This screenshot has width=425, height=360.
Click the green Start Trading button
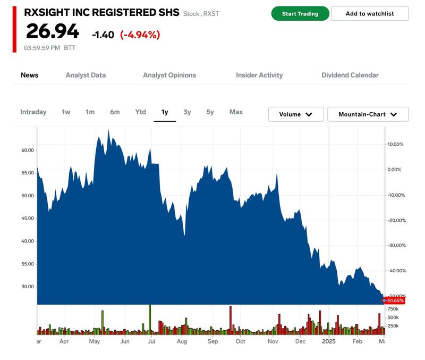[x=300, y=14]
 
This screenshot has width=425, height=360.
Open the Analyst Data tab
[x=86, y=75]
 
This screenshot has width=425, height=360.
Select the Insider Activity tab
[x=259, y=75]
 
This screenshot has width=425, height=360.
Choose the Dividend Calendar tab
[x=350, y=75]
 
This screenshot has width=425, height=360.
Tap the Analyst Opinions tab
[x=169, y=75]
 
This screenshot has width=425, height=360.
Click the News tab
[x=30, y=75]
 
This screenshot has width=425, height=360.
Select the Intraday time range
[x=33, y=112]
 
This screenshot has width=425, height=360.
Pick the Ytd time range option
[x=140, y=112]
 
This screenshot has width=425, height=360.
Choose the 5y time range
[x=210, y=112]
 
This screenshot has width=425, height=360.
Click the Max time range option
[x=236, y=112]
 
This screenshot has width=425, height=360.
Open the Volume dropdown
[x=295, y=114]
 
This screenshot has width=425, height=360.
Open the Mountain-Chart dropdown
[x=368, y=114]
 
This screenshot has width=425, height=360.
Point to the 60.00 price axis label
[x=28, y=150]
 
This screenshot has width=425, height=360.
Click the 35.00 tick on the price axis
[x=28, y=264]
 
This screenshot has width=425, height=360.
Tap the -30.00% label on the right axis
[x=395, y=246]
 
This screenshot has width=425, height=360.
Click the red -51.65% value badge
[x=395, y=301]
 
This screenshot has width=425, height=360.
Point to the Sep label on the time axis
[x=212, y=342]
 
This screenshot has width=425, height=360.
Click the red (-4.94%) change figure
[x=140, y=35]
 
